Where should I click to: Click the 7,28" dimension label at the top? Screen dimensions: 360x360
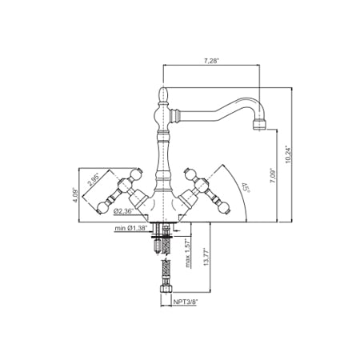click(x=212, y=60)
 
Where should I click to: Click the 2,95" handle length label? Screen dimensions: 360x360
click(x=96, y=180)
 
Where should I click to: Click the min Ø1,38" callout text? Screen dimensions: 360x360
click(x=131, y=229)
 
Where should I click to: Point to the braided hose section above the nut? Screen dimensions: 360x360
click(x=165, y=267)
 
